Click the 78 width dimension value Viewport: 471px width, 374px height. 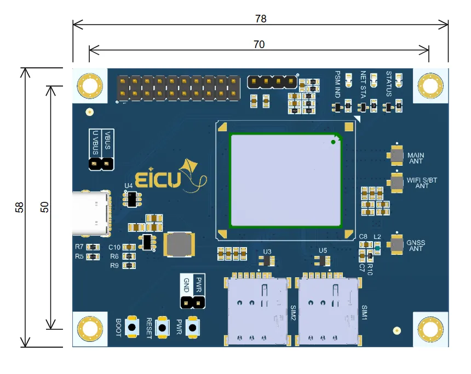click(x=261, y=19)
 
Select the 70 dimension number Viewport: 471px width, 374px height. click(x=259, y=45)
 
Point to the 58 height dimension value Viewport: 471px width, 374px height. click(x=20, y=207)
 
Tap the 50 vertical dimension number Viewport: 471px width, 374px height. click(x=45, y=207)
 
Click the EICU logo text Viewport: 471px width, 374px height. click(x=158, y=180)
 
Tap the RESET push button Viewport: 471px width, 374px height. click(x=163, y=328)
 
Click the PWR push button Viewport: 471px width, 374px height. click(x=193, y=328)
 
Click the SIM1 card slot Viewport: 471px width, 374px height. click(x=328, y=311)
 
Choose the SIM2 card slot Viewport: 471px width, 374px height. click(x=257, y=311)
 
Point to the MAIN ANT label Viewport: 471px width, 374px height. click(x=416, y=159)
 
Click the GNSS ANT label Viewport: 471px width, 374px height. click(x=416, y=246)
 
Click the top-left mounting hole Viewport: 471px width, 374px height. click(x=89, y=86)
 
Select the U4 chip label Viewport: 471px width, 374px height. click(x=129, y=186)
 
